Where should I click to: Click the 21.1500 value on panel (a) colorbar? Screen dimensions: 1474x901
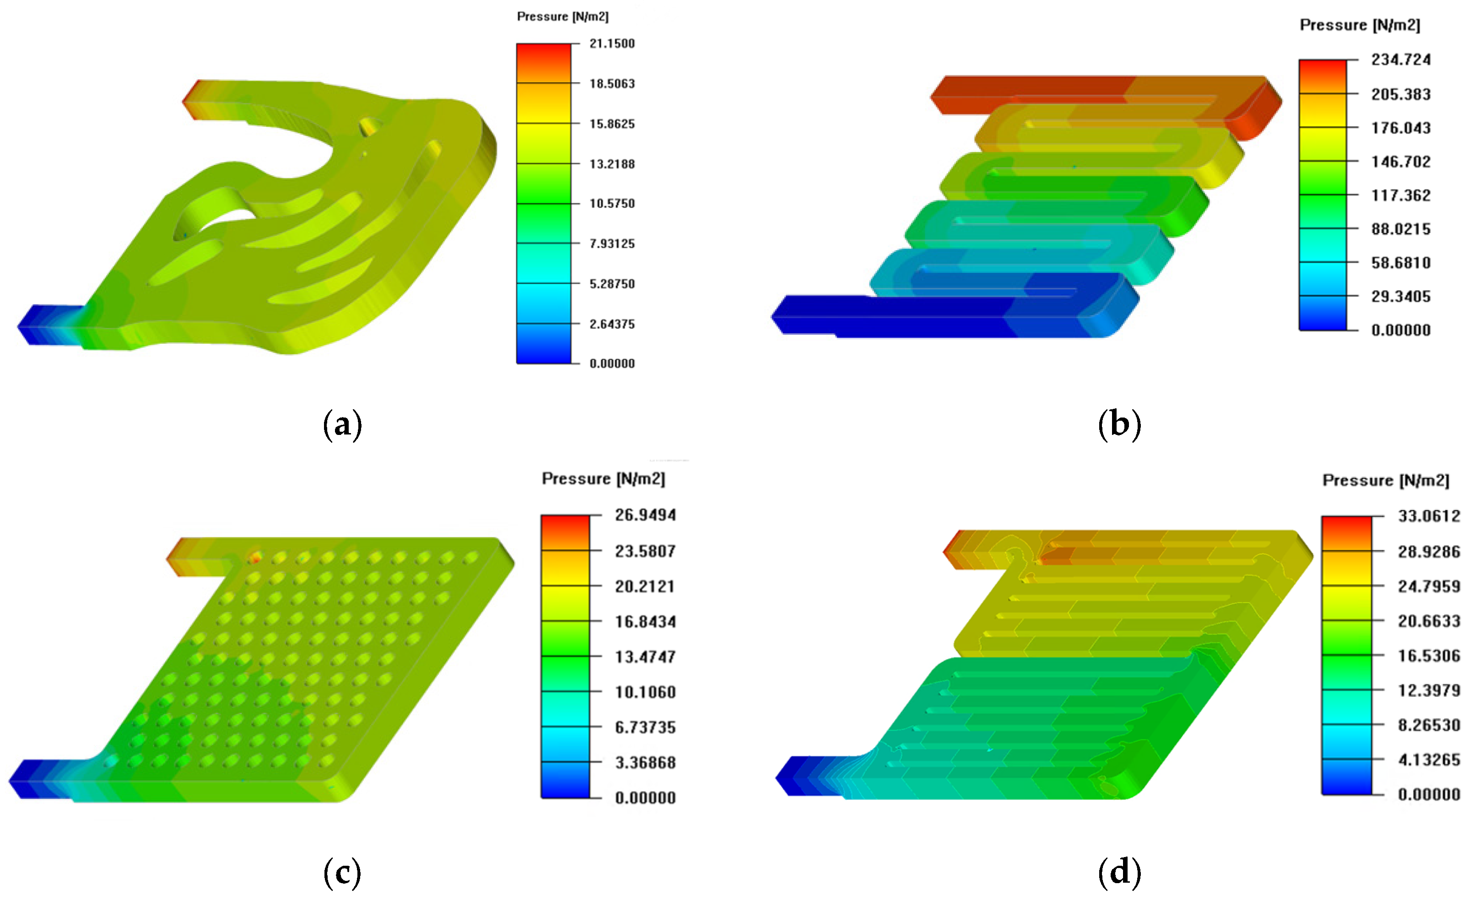tap(612, 43)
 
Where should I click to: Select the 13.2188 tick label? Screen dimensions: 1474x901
tap(612, 164)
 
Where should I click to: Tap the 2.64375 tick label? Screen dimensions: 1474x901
tap(612, 324)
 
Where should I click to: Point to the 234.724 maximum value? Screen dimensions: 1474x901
tap(1401, 60)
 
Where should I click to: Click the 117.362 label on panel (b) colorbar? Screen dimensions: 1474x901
tap(1401, 195)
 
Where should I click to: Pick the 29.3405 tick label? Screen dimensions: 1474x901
tap(1401, 296)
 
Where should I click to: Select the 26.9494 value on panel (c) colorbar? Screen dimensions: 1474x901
tap(645, 516)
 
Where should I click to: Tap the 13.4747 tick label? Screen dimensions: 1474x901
tap(645, 657)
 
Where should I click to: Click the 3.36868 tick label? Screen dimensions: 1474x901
tap(645, 763)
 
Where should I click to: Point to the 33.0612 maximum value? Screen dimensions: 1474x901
tap(1429, 516)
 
